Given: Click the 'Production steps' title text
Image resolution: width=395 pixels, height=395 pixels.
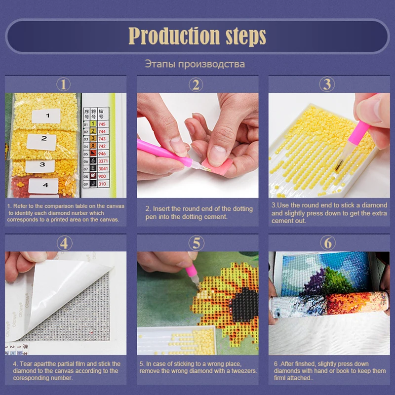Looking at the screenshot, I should coord(197,36).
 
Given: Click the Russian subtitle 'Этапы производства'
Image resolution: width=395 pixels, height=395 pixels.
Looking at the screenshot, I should coord(195,64).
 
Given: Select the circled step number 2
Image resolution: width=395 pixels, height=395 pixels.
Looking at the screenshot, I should coord(196,84).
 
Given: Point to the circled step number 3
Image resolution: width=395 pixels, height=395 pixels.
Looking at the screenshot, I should coord(327,84).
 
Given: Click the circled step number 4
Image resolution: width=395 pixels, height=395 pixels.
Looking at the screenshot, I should coord(64,243).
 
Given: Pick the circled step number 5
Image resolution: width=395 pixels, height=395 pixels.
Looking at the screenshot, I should coord(196,243).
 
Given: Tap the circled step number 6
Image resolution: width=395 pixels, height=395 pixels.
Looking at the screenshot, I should coord(327,243).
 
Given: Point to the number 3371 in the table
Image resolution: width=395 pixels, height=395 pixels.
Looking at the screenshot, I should coord(102,161).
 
